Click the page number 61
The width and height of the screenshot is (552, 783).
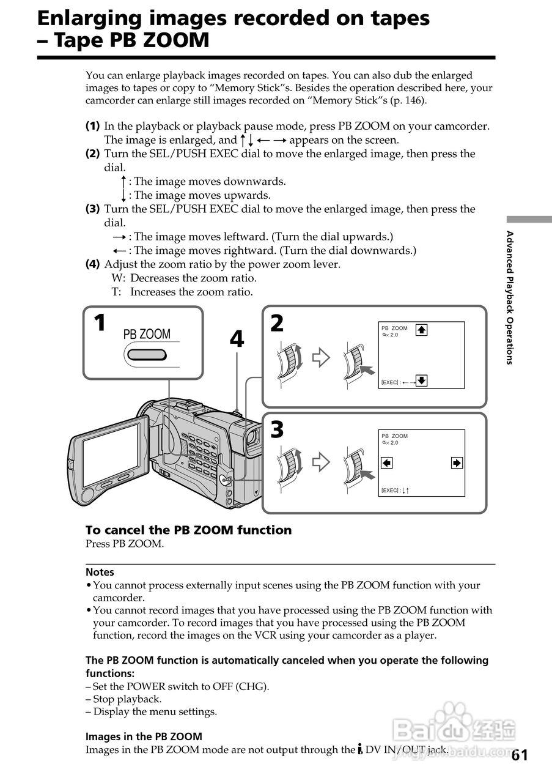click(519, 755)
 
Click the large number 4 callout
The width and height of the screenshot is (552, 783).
click(237, 339)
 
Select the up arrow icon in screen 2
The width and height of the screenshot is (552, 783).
click(421, 330)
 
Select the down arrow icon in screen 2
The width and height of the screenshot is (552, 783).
click(421, 381)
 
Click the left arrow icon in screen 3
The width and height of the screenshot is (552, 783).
click(386, 462)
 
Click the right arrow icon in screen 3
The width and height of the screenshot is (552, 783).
click(457, 462)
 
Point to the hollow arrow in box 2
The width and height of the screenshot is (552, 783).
click(320, 357)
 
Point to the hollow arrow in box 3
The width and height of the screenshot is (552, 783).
click(320, 462)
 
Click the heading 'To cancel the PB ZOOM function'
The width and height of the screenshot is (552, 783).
click(188, 530)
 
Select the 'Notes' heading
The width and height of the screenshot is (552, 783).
click(100, 573)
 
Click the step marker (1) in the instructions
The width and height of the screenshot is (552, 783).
click(92, 126)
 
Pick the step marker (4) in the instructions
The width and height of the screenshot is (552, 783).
click(92, 264)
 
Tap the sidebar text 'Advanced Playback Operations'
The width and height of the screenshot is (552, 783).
click(509, 297)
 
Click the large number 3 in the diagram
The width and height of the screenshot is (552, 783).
click(277, 430)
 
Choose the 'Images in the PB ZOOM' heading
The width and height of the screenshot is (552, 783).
click(144, 737)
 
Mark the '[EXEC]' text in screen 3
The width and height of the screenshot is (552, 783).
click(390, 491)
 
